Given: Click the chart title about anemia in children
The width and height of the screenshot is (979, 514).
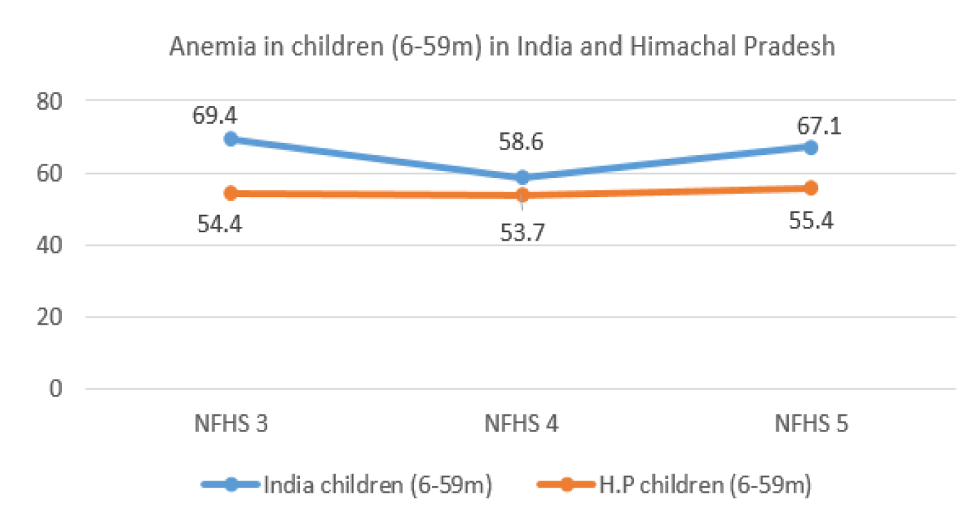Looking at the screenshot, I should [502, 47].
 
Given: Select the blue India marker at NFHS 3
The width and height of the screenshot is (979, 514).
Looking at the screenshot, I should [231, 139].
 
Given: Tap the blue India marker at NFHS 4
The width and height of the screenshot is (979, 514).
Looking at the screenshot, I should [522, 177].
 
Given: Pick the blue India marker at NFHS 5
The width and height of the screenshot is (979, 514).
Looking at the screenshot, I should [811, 147].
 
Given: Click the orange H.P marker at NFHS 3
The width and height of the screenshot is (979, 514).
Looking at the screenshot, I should [231, 193].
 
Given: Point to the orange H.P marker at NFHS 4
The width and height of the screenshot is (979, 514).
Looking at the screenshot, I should [522, 195].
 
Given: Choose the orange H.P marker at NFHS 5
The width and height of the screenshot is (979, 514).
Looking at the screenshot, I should [811, 188].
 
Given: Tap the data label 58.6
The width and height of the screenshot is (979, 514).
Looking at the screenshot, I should [520, 142].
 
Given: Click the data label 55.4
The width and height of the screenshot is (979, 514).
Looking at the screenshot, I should [811, 219].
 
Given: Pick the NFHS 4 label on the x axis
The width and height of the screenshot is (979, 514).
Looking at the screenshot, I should [522, 424].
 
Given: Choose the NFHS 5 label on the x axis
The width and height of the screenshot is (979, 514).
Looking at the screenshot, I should [811, 424].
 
